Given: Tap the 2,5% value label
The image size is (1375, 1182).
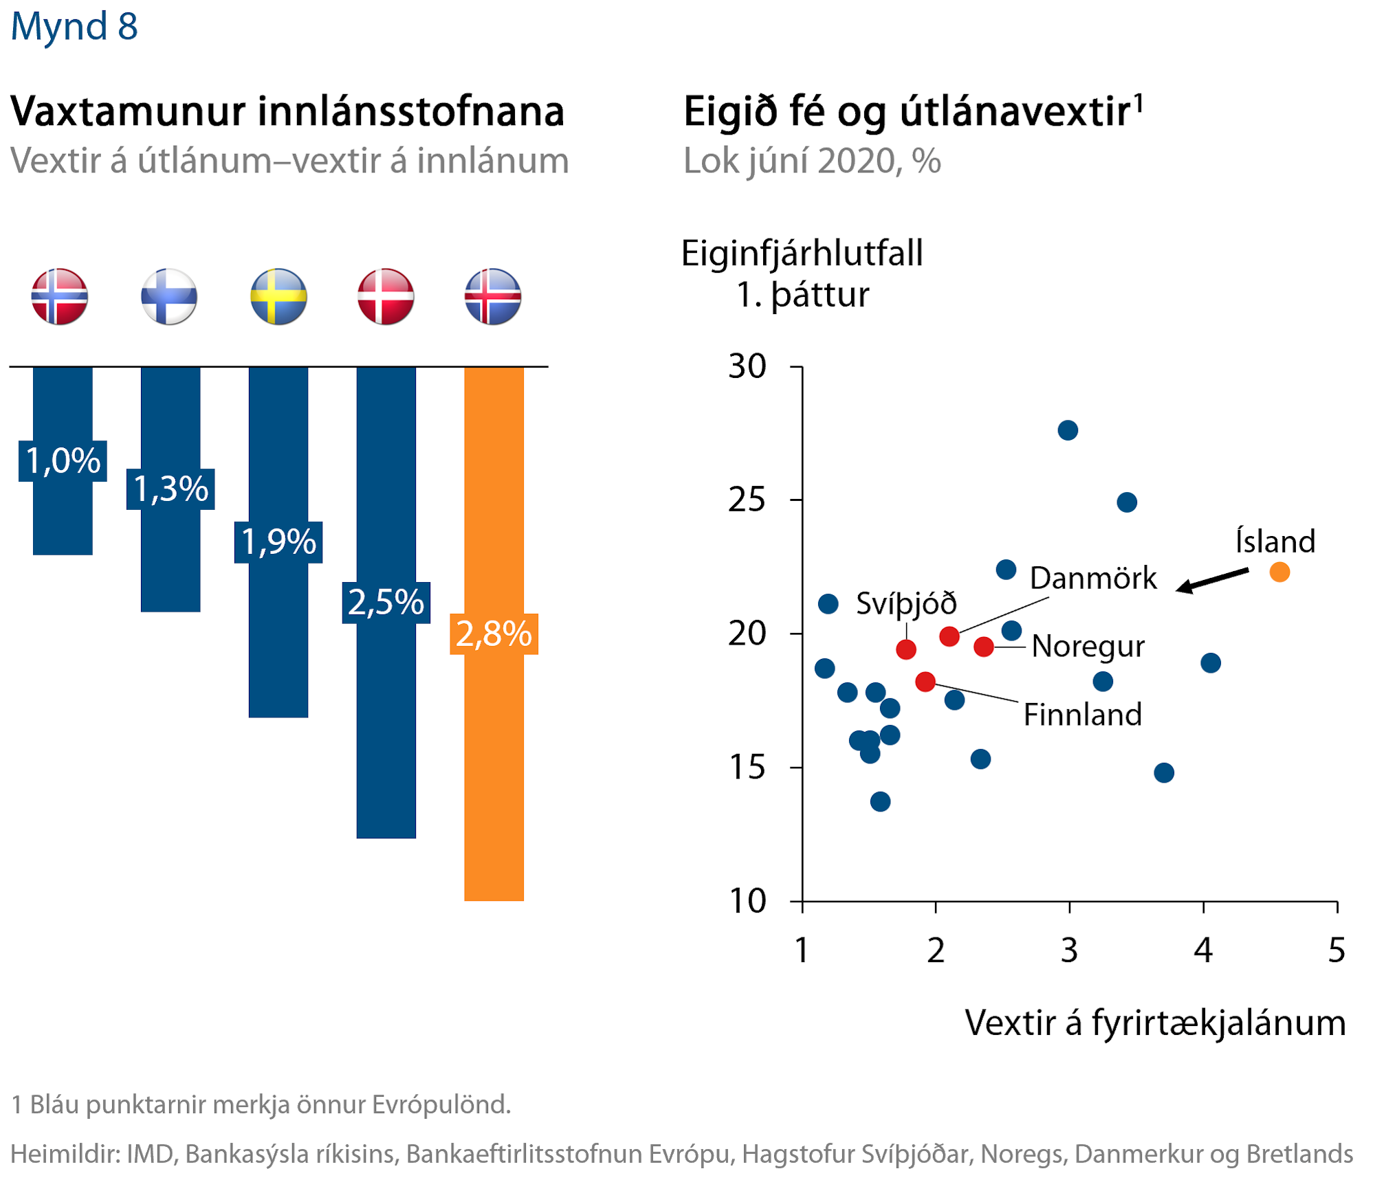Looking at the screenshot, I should pos(386,603).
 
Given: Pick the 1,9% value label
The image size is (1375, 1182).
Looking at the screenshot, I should pos(278,542).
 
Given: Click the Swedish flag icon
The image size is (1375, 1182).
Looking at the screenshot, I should pos(278,296).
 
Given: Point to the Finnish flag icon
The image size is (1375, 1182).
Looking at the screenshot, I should pos(169,296).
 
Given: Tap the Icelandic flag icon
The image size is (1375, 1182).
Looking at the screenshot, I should pos(493,296).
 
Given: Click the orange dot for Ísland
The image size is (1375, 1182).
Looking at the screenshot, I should pos(1279,572).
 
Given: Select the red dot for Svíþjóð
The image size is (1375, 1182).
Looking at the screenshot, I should pos(906,649).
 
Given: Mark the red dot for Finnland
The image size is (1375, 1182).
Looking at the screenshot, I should pos(925,682).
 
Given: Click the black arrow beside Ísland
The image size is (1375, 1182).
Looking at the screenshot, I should pos(1212,579).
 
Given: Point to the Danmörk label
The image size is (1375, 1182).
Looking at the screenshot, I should pos(1093,579).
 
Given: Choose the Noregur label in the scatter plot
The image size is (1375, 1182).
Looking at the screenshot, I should pos(1088,647).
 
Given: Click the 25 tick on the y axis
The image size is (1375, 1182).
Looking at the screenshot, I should pos(747,500).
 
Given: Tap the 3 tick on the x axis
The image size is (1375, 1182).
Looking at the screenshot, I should pos(1069,950).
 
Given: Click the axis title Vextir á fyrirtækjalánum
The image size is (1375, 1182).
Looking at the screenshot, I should pos(1155,1023).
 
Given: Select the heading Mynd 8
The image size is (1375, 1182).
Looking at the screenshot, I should pos(74,26).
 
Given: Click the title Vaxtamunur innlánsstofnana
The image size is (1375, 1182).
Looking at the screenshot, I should pos(287,111).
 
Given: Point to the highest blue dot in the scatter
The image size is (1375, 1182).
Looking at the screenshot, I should pos(1068,431).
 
